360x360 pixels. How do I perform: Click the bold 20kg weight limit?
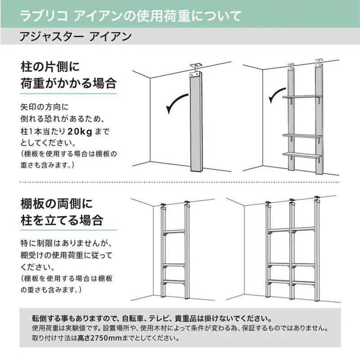point(80,131)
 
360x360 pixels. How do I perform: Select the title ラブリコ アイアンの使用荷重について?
point(130,16)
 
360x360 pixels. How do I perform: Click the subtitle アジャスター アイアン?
point(76,36)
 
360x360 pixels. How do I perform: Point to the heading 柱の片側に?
point(50,67)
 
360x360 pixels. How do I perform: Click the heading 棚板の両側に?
point(57,203)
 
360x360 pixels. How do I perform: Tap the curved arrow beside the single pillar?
point(176,103)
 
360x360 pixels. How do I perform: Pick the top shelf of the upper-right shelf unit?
point(302,97)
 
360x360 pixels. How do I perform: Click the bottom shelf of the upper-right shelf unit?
point(302,155)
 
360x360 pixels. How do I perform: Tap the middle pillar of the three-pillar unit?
point(292,250)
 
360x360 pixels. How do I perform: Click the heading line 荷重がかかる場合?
point(68,83)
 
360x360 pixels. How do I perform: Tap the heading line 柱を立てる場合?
point(62,220)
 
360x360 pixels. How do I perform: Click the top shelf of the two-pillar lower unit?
point(174,231)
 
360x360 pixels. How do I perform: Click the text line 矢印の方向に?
point(44,107)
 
